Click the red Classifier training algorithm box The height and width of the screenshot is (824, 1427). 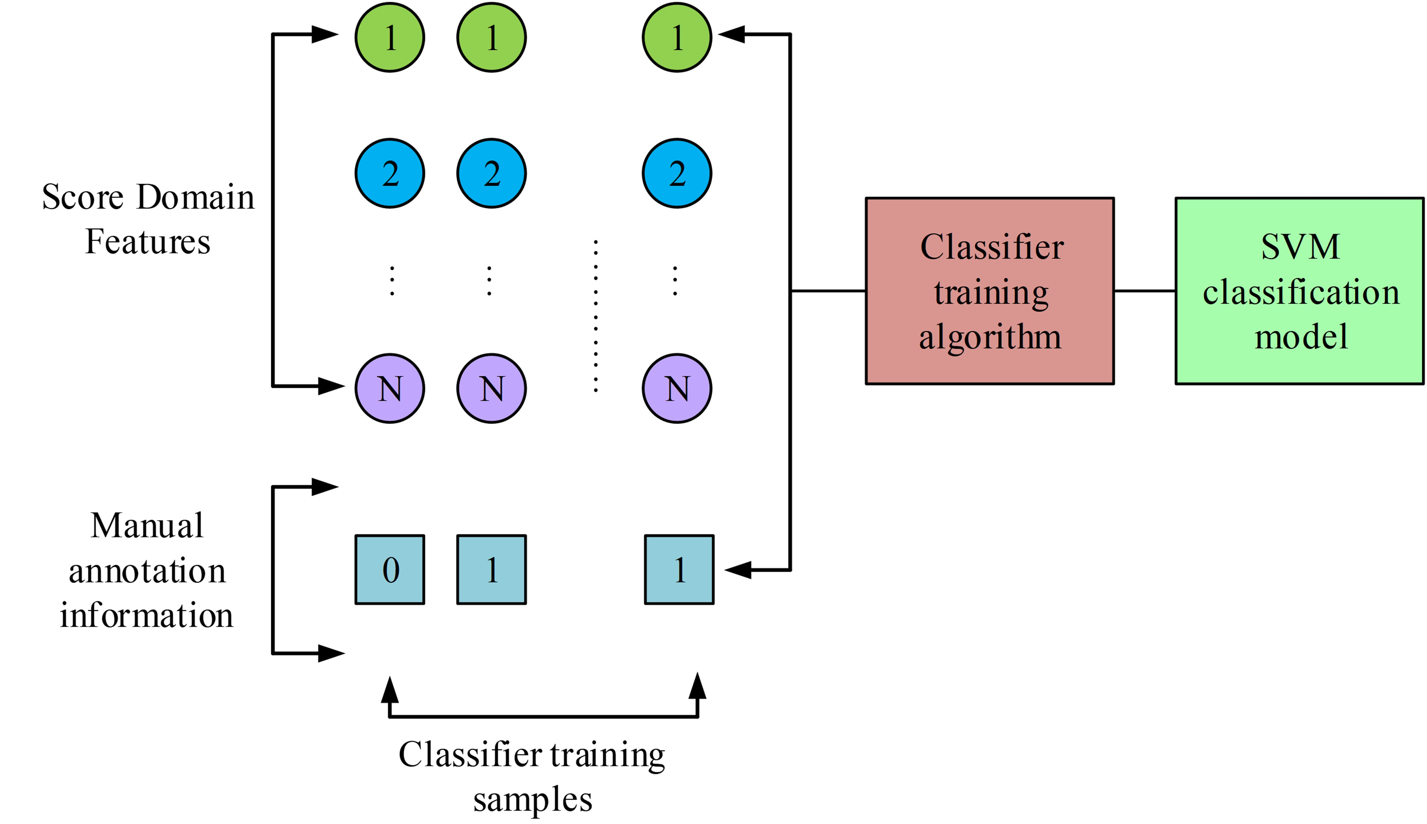coord(989,291)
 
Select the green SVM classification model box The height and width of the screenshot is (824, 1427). coord(1299,291)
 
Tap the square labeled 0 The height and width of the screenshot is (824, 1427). coord(390,569)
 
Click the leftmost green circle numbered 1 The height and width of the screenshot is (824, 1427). coord(390,37)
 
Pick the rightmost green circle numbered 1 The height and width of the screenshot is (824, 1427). coord(677,37)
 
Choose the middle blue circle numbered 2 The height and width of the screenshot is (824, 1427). coord(491,173)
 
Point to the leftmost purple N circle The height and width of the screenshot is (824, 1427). coord(390,388)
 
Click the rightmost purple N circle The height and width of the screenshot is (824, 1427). coord(677,388)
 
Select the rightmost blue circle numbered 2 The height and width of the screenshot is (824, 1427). coord(677,173)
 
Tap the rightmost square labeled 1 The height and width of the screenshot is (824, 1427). coord(679,569)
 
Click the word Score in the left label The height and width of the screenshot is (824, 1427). coord(83,197)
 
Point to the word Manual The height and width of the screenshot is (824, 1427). coord(147,526)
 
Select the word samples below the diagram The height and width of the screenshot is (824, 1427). coord(532,800)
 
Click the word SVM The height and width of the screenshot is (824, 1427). coord(1300,247)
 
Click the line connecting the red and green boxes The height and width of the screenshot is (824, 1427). coord(1144,291)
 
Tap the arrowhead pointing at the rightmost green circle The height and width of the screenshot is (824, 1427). coord(731,35)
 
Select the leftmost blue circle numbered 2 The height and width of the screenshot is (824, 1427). coord(390,173)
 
